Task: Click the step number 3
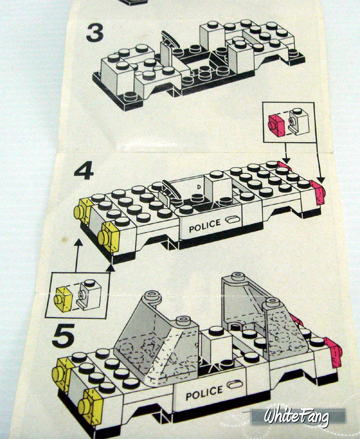click(x=95, y=33)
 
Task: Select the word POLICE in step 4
click(x=205, y=226)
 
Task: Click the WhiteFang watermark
click(x=296, y=417)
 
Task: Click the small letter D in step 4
click(x=199, y=186)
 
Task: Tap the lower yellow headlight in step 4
click(x=109, y=237)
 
